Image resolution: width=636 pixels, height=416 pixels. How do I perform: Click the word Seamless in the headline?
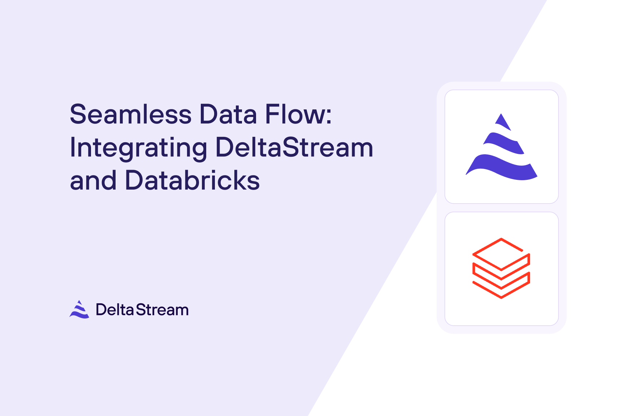point(130,114)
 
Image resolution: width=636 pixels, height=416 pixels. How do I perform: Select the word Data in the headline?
point(228,114)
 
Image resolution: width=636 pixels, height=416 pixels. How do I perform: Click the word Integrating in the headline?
point(138,148)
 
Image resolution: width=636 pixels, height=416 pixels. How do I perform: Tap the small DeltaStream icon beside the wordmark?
point(79,309)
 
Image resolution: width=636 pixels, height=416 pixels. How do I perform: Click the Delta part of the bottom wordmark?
point(114,310)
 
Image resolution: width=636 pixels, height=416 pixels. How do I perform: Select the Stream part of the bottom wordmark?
point(162,310)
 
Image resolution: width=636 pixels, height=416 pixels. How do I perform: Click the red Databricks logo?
point(501,268)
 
